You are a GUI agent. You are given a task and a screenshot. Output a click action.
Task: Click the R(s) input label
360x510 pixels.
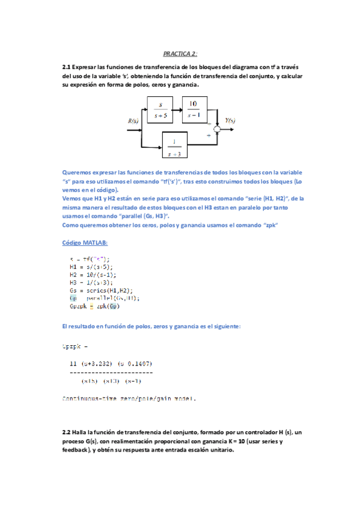(x=134, y=121)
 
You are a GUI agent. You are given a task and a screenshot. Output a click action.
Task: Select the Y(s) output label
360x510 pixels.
(x=229, y=120)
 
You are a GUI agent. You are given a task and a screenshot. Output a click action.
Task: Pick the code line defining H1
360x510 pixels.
(x=91, y=266)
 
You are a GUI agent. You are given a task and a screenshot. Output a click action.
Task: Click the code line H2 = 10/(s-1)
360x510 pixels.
(x=93, y=274)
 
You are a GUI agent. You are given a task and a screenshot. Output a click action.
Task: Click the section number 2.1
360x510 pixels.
(x=67, y=67)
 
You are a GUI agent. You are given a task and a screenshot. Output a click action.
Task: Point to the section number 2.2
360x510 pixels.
(x=67, y=432)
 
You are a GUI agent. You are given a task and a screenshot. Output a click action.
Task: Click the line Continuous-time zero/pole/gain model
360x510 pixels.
(x=129, y=398)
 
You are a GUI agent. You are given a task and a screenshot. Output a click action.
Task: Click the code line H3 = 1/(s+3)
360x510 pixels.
(x=93, y=281)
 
